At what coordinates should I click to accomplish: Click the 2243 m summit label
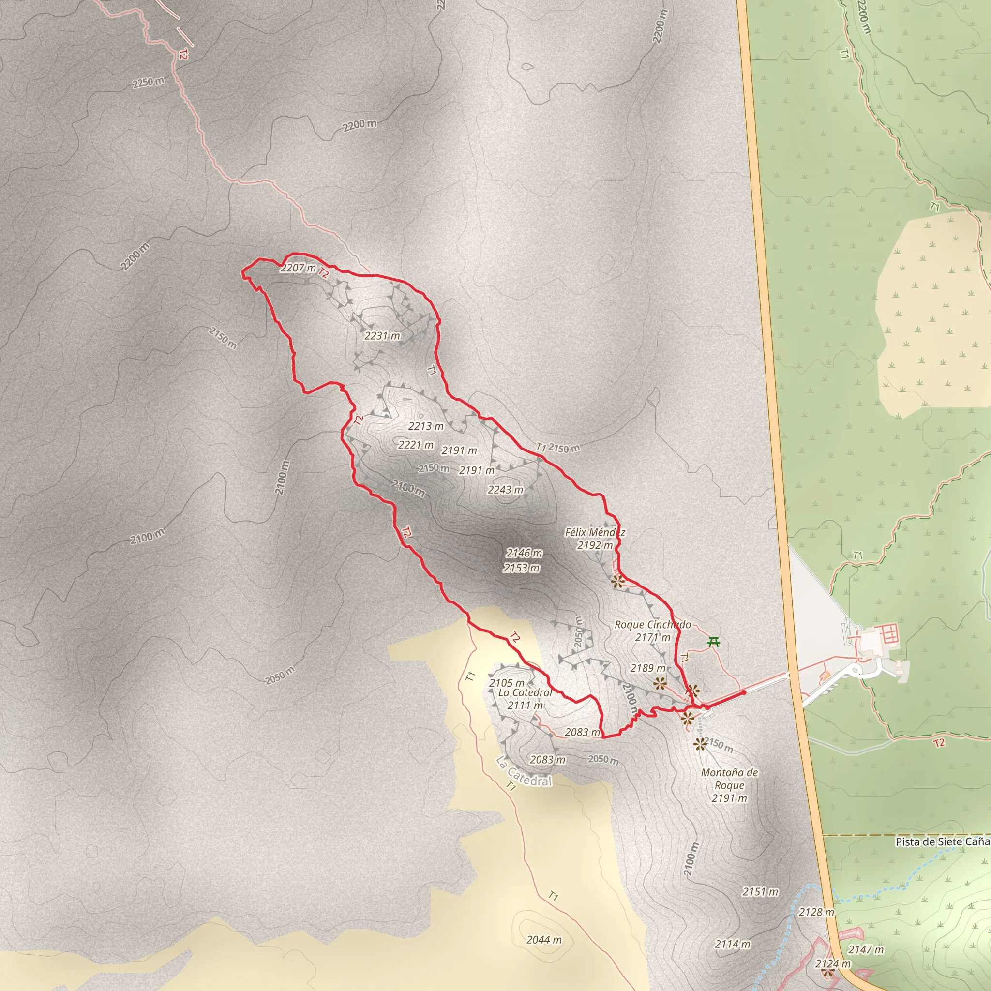click(505, 490)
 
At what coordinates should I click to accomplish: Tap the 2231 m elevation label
click(382, 336)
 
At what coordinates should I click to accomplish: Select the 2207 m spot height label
click(298, 268)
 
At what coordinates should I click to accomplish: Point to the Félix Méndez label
click(595, 532)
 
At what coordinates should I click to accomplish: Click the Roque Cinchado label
click(652, 624)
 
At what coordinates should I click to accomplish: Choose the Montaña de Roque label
click(729, 779)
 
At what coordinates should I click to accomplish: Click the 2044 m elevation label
click(544, 940)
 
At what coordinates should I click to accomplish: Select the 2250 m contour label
click(148, 82)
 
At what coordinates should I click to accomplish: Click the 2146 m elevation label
click(524, 553)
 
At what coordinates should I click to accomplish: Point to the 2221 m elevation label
click(416, 445)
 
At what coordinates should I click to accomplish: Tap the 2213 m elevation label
click(426, 426)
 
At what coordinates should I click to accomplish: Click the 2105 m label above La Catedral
click(507, 683)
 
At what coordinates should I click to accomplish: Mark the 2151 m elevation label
click(760, 892)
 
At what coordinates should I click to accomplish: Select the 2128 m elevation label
click(817, 912)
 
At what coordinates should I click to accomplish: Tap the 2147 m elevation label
click(866, 950)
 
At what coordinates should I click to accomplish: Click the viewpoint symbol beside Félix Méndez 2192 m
click(618, 581)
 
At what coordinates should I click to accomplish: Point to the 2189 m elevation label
click(648, 668)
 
